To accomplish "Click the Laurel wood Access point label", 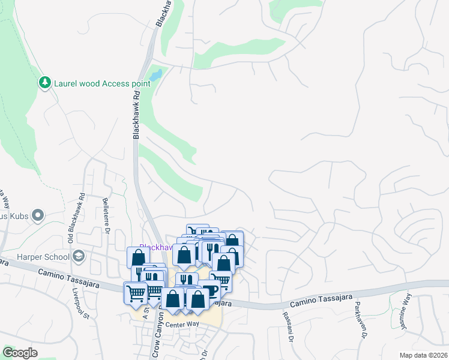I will [102, 83].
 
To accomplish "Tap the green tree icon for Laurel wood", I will [44, 82].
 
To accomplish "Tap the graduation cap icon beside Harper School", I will [78, 257].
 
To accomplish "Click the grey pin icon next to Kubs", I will [38, 215].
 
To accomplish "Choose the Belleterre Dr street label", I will [107, 217].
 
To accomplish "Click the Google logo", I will [21, 353].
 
